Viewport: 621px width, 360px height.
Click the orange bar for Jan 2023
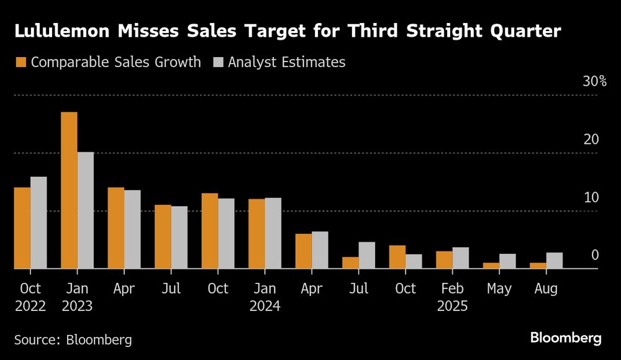69,191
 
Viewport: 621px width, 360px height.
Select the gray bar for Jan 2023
85,210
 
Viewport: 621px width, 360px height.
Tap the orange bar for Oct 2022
22,228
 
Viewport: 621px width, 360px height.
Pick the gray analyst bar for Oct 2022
39,223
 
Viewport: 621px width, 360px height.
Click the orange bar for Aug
538,266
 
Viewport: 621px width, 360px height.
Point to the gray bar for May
507,261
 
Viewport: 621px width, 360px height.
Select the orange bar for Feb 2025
444,260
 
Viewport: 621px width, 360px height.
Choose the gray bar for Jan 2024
273,233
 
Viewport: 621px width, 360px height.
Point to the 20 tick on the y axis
591,139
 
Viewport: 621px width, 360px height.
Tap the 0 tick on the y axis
595,255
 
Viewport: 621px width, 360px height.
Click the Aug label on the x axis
546,289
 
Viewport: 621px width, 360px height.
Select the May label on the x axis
499,289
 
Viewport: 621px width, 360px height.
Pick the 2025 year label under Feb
452,306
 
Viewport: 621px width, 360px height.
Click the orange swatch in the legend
20,62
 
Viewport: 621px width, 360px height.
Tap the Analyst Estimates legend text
286,62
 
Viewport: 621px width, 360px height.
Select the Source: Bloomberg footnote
73,340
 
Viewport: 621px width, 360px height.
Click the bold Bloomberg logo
565,338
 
